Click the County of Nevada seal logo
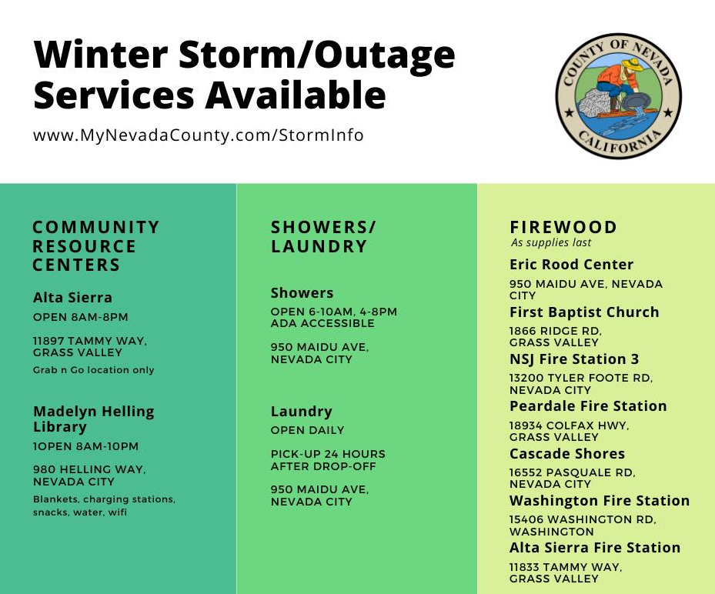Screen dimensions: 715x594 coord(618,95)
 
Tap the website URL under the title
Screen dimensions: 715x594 coord(199,135)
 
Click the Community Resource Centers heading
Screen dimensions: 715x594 coord(96,245)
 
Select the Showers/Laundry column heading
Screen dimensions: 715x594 coord(323,236)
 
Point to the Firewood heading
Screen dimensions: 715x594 coord(563,227)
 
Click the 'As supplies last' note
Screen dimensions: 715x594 coord(551,242)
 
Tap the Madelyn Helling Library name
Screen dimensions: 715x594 coord(93,419)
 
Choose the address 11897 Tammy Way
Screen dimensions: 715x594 coord(90,346)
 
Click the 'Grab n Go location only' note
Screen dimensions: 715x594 coord(93,370)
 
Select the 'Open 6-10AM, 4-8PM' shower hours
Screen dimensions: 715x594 coord(334,312)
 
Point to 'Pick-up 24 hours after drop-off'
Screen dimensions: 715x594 coord(328,460)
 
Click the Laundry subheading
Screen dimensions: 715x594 coord(302,412)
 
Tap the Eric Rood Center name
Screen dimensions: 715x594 coord(571,265)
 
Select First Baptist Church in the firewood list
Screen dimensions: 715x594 coord(584,312)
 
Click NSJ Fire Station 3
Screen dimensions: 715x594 coord(574,359)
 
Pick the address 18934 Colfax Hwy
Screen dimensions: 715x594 coord(569,431)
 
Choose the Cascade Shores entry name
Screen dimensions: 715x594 coord(567,454)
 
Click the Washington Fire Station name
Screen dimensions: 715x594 coord(600,501)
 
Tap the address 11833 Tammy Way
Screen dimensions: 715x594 coord(566,572)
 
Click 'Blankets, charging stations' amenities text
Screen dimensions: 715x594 coord(104,499)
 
